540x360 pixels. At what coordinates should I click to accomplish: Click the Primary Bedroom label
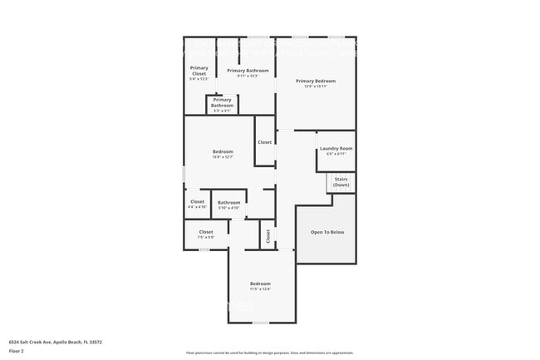pos(316,81)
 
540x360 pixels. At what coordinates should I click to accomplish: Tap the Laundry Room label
pos(336,148)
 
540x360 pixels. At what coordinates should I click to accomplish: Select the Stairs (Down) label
pos(341,182)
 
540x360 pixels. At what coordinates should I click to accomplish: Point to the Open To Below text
pos(326,232)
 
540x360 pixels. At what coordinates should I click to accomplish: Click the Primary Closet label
pos(199,71)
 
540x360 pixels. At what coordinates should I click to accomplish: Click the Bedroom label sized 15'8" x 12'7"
pos(223,151)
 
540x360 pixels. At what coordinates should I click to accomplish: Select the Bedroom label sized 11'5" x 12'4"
pos(260,284)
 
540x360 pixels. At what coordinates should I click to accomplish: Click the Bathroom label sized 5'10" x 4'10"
pos(228,203)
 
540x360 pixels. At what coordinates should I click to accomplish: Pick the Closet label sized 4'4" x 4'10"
pos(197,201)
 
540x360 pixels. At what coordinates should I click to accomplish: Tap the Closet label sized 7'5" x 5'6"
pos(206,232)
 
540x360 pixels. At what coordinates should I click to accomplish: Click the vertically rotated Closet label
pos(268,236)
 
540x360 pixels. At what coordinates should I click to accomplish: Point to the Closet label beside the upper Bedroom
pos(264,142)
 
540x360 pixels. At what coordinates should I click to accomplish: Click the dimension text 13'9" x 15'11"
pos(316,86)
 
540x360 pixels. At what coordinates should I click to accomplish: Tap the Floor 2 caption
pos(17,351)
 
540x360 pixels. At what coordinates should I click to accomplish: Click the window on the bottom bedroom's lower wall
pos(261,323)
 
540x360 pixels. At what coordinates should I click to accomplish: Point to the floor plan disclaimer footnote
pos(269,353)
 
